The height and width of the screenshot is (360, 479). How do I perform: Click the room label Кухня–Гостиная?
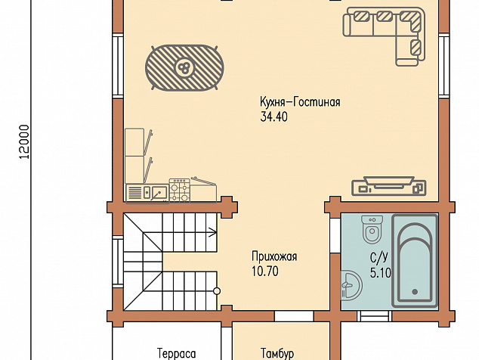click(300, 102)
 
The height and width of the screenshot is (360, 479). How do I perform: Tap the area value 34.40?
click(273, 116)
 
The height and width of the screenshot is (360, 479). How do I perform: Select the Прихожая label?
click(274, 257)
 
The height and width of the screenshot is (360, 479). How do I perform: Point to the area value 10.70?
click(265, 272)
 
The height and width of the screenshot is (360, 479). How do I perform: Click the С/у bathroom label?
click(379, 258)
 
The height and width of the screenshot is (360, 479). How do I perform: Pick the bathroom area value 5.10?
click(381, 272)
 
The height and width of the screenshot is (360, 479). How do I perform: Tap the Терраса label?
click(177, 354)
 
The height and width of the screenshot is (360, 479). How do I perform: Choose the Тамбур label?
click(277, 354)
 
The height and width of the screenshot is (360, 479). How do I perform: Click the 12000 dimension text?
click(24, 142)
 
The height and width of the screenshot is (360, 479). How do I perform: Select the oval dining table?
click(184, 68)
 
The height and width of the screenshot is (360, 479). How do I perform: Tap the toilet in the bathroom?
click(372, 229)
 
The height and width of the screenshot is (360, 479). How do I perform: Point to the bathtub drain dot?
click(415, 292)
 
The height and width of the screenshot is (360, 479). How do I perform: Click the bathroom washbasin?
click(351, 285)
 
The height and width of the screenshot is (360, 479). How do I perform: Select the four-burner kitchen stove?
click(180, 190)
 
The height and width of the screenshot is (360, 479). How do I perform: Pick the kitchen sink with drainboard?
click(147, 193)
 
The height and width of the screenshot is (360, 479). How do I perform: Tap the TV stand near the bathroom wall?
click(388, 186)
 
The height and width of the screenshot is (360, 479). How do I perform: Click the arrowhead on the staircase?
click(214, 232)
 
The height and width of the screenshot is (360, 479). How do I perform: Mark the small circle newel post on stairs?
click(217, 291)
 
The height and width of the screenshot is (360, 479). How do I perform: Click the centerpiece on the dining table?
click(184, 68)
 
